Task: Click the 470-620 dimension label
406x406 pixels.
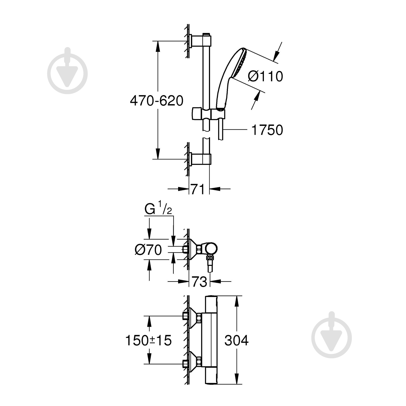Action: [x=156, y=101]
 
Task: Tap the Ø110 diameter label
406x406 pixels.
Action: [x=265, y=76]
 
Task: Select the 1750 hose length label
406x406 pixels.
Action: [x=267, y=130]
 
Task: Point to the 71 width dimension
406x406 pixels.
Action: [x=198, y=189]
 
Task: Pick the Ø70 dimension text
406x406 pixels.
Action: [x=148, y=250]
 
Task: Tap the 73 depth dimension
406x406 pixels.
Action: [x=199, y=282]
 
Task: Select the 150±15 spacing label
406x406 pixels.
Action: [x=148, y=340]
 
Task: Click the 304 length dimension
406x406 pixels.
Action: [x=236, y=340]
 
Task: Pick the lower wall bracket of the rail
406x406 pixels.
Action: [x=200, y=159]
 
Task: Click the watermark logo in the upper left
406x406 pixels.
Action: [x=67, y=71]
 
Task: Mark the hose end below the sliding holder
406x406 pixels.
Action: [x=220, y=133]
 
